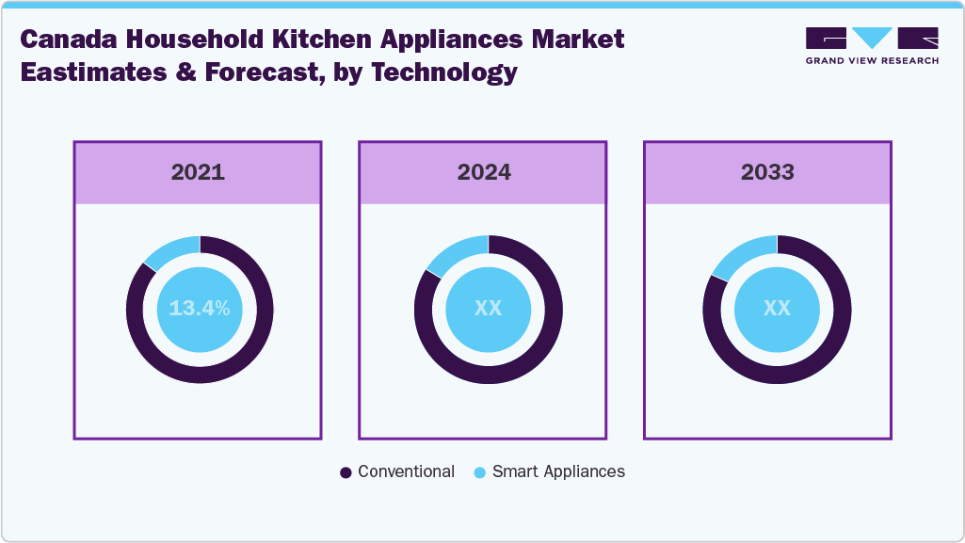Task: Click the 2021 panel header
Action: click(198, 172)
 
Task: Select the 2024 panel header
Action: click(484, 172)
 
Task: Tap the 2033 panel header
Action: click(767, 172)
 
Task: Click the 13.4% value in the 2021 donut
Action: click(200, 308)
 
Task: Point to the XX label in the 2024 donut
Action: click(488, 308)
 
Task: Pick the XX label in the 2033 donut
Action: click(777, 308)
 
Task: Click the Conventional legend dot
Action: click(346, 472)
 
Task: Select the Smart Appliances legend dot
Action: click(479, 472)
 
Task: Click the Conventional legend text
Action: click(406, 471)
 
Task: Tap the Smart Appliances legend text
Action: click(558, 471)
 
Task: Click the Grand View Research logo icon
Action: click(872, 38)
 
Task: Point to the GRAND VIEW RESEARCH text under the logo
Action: click(872, 60)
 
